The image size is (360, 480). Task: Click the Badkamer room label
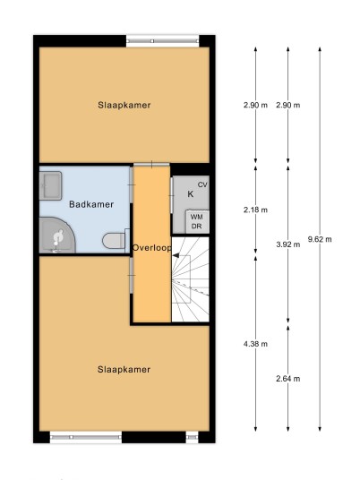pyautogui.click(x=91, y=204)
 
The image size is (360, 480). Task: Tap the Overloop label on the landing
pyautogui.click(x=152, y=248)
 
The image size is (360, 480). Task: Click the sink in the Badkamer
pyautogui.click(x=51, y=185)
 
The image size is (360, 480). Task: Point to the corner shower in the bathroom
pyautogui.click(x=56, y=236)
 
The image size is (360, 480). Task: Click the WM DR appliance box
pyautogui.click(x=197, y=221)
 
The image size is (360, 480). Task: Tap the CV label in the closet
pyautogui.click(x=202, y=184)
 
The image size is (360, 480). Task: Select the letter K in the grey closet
pyautogui.click(x=191, y=194)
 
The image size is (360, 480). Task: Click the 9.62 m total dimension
pyautogui.click(x=320, y=239)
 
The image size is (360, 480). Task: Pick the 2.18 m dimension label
pyautogui.click(x=255, y=210)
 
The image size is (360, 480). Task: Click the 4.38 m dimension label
pyautogui.click(x=255, y=344)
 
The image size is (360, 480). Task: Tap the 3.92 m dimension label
pyautogui.click(x=288, y=244)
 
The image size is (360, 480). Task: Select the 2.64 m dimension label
pyautogui.click(x=288, y=379)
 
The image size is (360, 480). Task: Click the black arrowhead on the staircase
pyautogui.click(x=176, y=255)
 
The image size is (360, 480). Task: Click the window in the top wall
pyautogui.click(x=163, y=41)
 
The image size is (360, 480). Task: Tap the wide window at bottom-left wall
pyautogui.click(x=86, y=437)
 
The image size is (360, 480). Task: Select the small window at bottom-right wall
pyautogui.click(x=192, y=437)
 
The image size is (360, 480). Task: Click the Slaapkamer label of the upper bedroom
pyautogui.click(x=124, y=105)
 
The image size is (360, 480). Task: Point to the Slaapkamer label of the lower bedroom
pyautogui.click(x=124, y=369)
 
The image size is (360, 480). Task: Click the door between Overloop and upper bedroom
pyautogui.click(x=151, y=165)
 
